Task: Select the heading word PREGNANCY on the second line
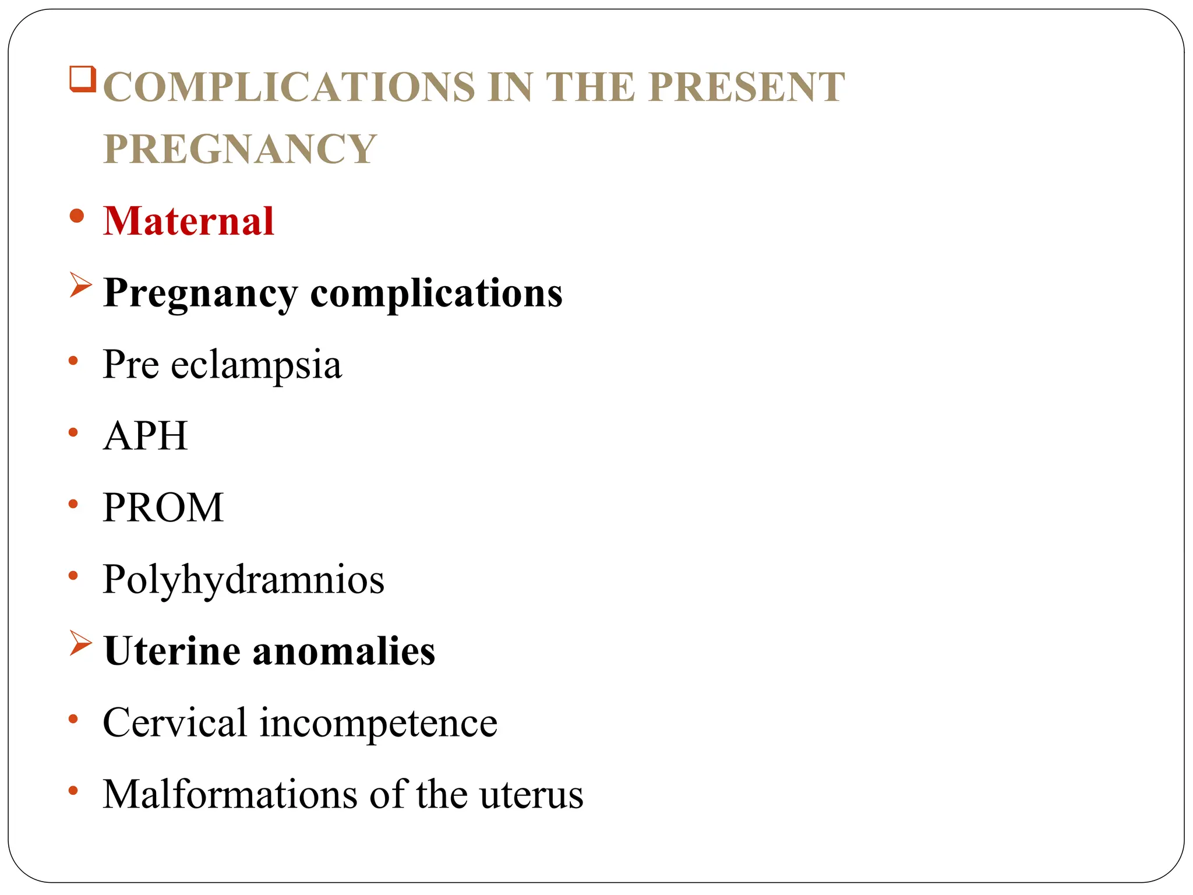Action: [x=240, y=149]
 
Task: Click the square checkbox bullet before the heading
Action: [x=82, y=79]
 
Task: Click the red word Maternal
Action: [x=189, y=221]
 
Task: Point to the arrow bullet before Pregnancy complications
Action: [x=80, y=285]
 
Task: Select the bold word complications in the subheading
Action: [x=436, y=293]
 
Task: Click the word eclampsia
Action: [x=256, y=365]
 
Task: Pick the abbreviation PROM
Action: [x=163, y=508]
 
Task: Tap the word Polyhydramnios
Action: [x=243, y=580]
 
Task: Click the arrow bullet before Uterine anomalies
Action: [x=80, y=643]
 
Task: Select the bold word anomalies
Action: [x=344, y=651]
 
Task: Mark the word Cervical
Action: [x=175, y=723]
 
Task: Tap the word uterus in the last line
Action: [x=531, y=795]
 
